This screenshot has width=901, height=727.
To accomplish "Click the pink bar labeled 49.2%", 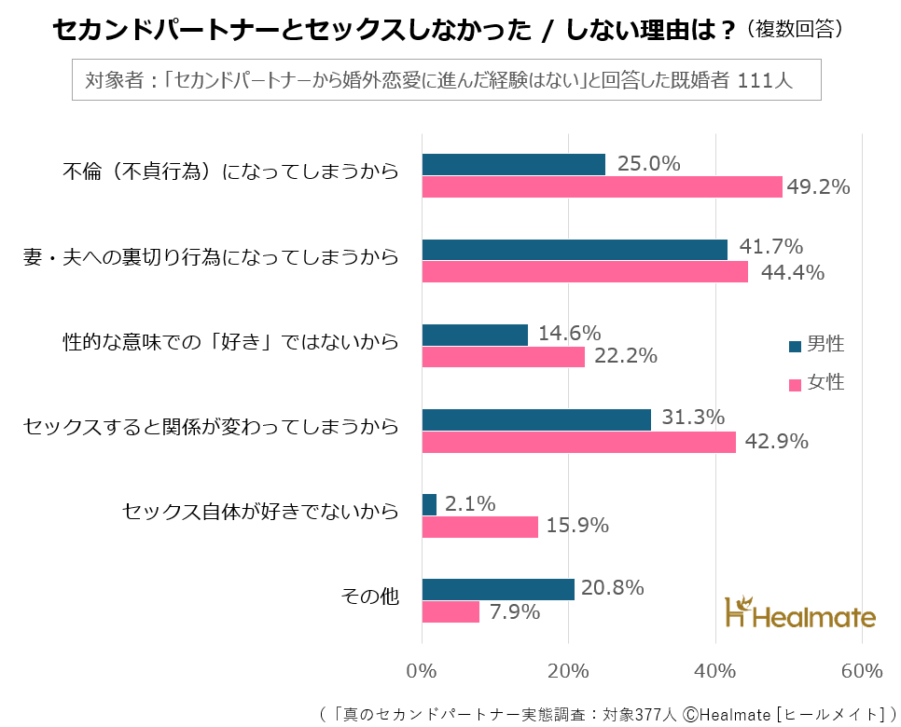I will [x=602, y=187].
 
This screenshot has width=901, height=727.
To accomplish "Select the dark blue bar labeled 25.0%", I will [x=514, y=165].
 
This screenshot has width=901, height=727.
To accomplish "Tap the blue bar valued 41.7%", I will [x=575, y=250].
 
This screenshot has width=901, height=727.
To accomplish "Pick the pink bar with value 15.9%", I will [x=480, y=527].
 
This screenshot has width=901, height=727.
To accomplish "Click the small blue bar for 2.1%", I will [x=429, y=504].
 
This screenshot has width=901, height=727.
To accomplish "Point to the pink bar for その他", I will [x=450, y=611].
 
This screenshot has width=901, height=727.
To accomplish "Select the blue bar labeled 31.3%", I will [x=536, y=419].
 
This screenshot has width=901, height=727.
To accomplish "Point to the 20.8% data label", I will [x=612, y=588].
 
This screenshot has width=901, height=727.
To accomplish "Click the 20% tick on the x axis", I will [x=568, y=671].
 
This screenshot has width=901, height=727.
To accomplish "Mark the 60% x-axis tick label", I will [x=861, y=671].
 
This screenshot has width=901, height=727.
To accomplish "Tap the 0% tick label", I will [x=423, y=671].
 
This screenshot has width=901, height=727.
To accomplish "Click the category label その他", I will [x=370, y=597].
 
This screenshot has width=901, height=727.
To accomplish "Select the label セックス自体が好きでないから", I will [x=261, y=512].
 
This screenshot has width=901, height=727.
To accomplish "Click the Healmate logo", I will [x=800, y=614].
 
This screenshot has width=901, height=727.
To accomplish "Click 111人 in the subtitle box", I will [x=764, y=80].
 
